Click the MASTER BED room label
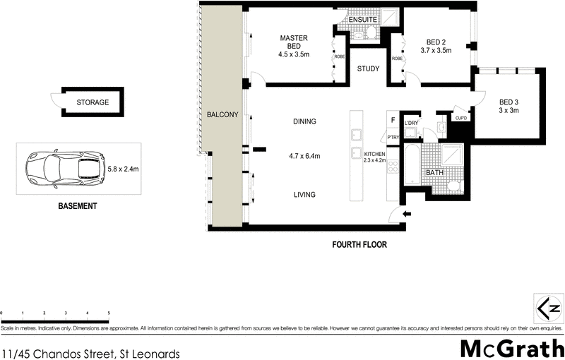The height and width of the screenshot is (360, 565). tap(294, 42)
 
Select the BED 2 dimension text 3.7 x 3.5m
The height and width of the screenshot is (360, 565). tap(435, 51)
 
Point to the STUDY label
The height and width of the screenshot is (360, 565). tap(368, 69)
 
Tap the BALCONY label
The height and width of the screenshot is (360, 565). tap(222, 114)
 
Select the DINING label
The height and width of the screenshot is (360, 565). tap(304, 121)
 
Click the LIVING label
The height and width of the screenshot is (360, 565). tap(304, 195)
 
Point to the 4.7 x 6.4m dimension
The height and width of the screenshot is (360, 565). tap(304, 156)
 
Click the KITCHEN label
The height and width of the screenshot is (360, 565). tap(374, 154)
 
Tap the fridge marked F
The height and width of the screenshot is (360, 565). tap(392, 121)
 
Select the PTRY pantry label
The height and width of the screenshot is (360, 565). tap(393, 138)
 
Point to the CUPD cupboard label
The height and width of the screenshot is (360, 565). tap(462, 118)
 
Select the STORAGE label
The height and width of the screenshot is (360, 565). tap(93, 102)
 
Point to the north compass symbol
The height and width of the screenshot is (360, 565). tap(549, 308)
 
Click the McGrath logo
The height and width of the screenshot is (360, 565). tap(511, 348)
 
